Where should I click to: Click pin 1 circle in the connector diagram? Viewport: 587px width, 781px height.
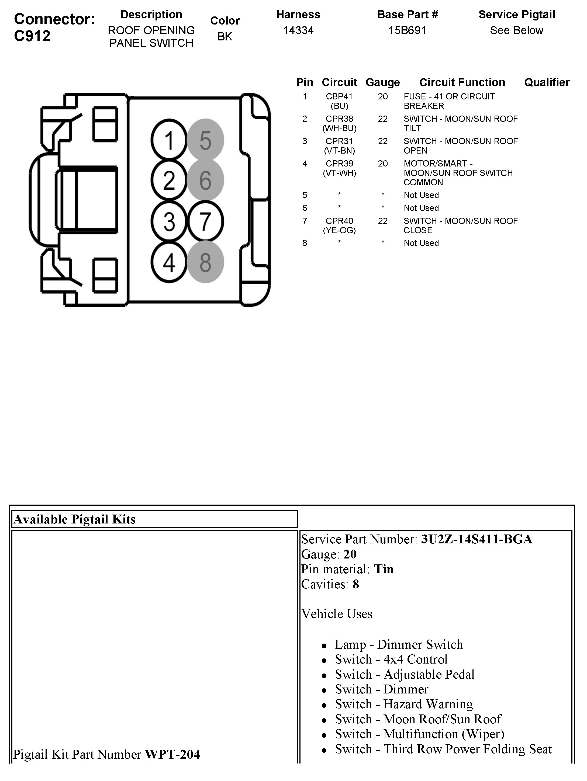click(169, 140)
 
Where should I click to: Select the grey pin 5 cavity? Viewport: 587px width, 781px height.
click(205, 140)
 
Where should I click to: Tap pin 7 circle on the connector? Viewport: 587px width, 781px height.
click(206, 221)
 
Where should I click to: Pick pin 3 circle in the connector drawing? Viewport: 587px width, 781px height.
click(169, 221)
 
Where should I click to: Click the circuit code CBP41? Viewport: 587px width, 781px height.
click(339, 96)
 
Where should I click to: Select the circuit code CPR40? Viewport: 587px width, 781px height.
click(339, 221)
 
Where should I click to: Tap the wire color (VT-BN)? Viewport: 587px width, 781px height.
click(339, 151)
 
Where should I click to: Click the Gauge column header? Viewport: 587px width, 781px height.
click(382, 82)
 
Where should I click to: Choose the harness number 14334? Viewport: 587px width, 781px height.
click(298, 31)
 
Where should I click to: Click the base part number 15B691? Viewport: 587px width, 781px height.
click(407, 31)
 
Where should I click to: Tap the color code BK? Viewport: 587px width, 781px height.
click(225, 36)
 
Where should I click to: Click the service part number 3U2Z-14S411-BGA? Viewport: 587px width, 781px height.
click(476, 539)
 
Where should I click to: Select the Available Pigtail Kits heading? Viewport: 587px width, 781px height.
click(75, 519)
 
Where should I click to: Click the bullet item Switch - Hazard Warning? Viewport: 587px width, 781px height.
click(404, 704)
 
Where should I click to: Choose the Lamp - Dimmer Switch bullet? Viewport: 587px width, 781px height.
click(398, 644)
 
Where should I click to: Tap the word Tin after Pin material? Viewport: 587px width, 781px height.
click(384, 569)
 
